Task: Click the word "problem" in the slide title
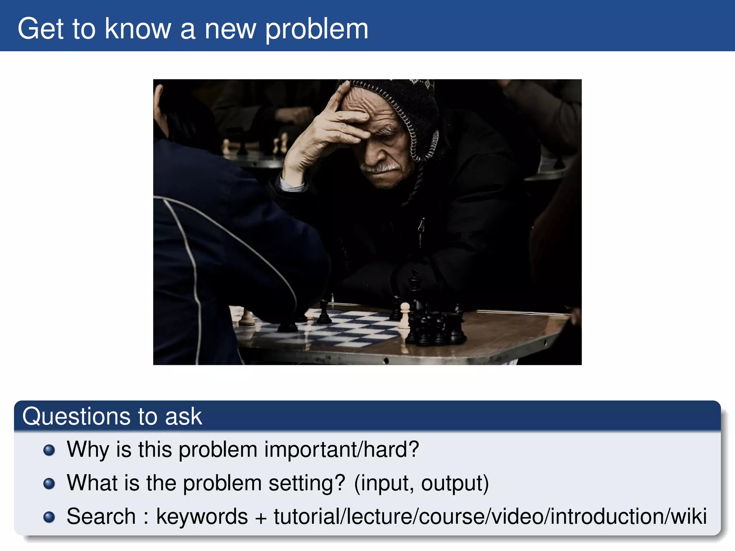click(x=317, y=29)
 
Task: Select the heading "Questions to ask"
click(x=112, y=416)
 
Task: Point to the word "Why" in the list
click(x=88, y=449)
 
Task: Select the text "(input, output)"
click(x=421, y=483)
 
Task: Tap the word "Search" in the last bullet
click(x=101, y=516)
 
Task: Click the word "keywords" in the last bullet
click(x=202, y=516)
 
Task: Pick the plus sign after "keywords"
click(x=261, y=517)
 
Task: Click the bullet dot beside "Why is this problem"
click(x=49, y=450)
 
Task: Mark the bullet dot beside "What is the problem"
click(x=49, y=484)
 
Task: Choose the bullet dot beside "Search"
click(x=49, y=517)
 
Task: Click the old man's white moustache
click(x=382, y=167)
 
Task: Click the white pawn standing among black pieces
click(x=404, y=316)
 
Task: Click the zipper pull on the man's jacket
click(x=422, y=226)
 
